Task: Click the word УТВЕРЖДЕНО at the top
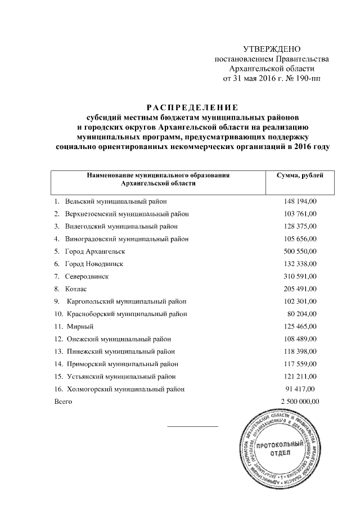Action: point(272,49)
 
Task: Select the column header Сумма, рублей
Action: point(300,176)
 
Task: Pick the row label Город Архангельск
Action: point(94,251)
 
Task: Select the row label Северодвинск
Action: point(87,277)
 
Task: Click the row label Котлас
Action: point(76,289)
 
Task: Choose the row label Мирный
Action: point(79,327)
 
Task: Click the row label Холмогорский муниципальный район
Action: point(125,389)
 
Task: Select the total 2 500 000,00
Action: point(299,402)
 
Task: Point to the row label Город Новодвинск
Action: point(94,264)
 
